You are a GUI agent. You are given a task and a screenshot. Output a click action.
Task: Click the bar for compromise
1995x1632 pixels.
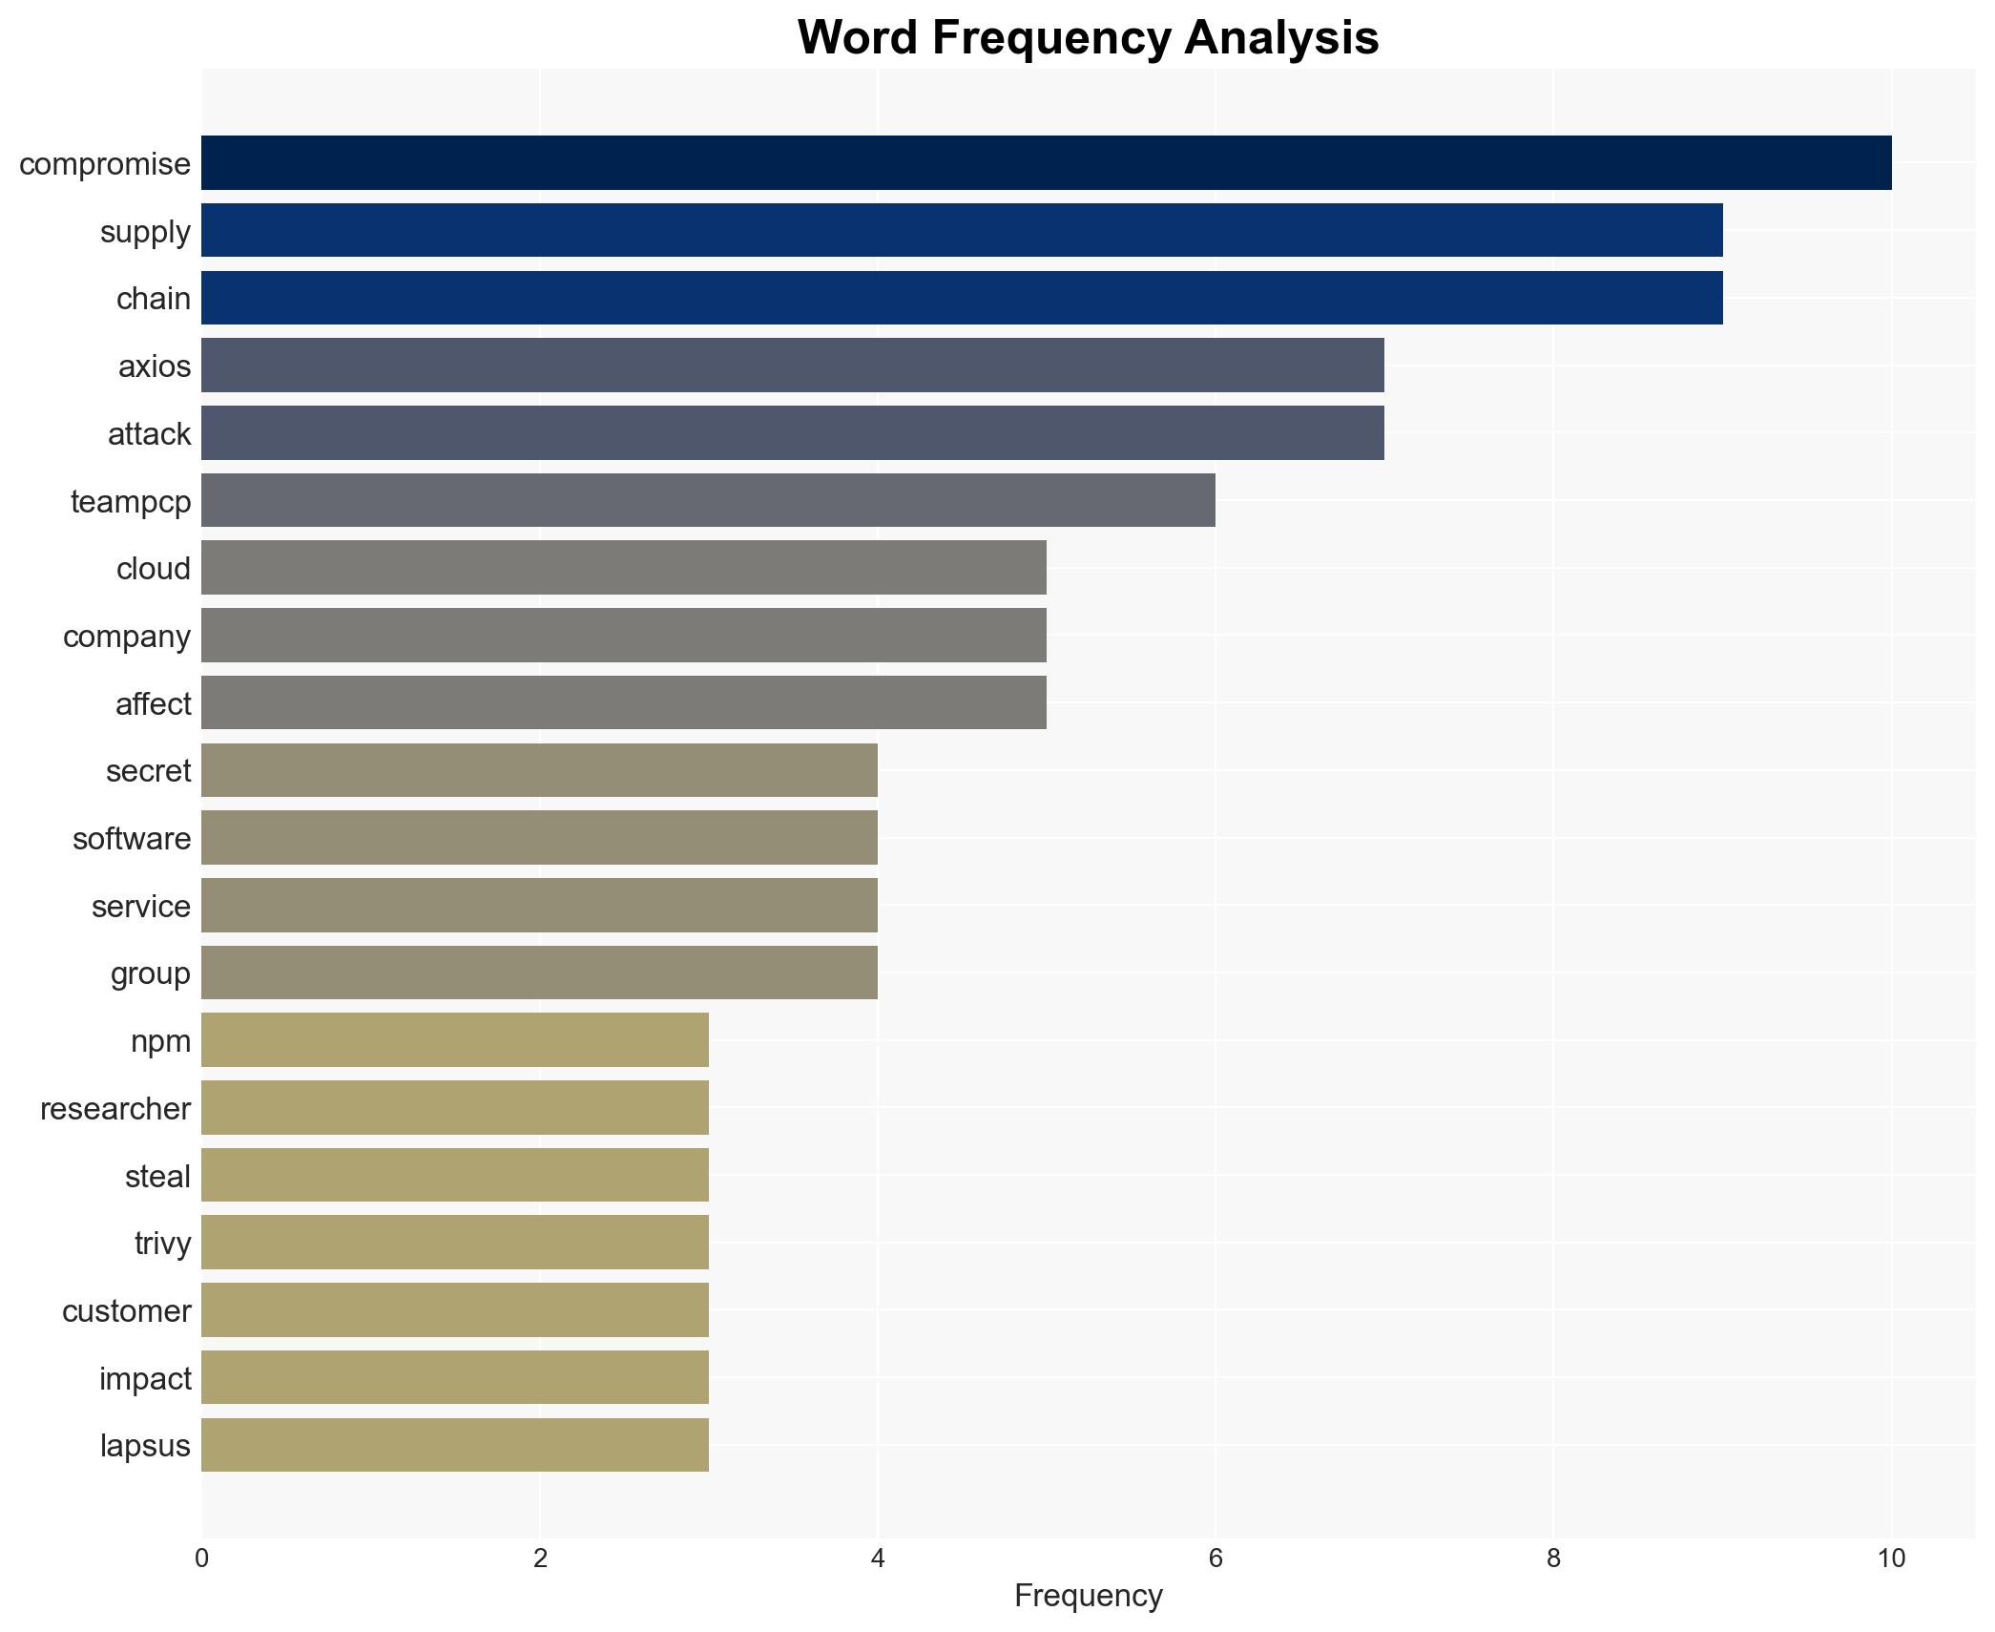tap(1046, 163)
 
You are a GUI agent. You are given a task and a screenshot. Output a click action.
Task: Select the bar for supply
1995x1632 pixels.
tap(962, 231)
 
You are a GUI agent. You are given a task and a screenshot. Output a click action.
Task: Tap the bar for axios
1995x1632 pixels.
tap(792, 366)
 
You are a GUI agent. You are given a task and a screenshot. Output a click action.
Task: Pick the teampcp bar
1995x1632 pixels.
tap(708, 501)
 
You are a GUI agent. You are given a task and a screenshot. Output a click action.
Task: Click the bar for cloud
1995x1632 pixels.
tap(623, 568)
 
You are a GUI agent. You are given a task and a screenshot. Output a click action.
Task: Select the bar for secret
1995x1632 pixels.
tap(539, 770)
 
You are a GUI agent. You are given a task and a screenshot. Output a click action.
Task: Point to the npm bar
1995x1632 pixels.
tap(455, 1040)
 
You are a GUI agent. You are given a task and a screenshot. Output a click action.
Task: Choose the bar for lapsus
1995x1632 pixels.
tap(455, 1445)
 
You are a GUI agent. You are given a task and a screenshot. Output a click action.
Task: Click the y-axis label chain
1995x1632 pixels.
tap(153, 299)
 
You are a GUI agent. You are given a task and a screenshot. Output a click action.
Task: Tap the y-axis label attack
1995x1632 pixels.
tap(149, 434)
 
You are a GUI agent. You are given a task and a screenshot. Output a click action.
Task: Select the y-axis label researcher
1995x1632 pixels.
tap(114, 1108)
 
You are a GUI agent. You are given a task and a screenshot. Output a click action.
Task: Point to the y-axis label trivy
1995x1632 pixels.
tap(162, 1243)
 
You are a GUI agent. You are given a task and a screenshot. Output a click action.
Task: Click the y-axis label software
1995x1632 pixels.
tap(132, 838)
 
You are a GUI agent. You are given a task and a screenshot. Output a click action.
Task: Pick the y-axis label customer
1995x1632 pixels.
tap(126, 1310)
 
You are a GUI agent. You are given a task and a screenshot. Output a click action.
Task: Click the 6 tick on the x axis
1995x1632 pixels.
tap(1215, 1559)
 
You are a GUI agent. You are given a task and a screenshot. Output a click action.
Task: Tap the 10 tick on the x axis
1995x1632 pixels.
tap(1890, 1559)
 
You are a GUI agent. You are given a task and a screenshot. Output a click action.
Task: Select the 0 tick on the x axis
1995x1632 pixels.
tap(201, 1559)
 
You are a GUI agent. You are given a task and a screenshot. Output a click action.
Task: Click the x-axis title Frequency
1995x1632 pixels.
tap(1088, 1596)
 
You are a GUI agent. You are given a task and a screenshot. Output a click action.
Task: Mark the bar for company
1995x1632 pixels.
tap(623, 636)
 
